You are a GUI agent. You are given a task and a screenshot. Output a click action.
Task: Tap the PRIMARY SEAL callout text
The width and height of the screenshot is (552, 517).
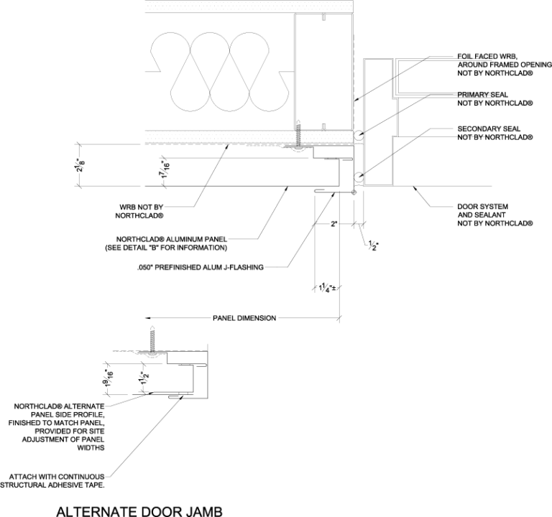[495, 98]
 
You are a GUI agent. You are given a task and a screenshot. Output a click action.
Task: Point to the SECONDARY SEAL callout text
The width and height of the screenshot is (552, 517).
[495, 132]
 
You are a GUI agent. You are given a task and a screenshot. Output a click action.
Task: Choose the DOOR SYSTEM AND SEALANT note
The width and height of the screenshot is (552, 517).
[495, 215]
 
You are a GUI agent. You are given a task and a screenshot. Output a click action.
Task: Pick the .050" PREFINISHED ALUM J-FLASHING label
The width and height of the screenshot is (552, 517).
[200, 268]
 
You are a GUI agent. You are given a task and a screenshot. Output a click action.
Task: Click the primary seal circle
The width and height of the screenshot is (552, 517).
[359, 134]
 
